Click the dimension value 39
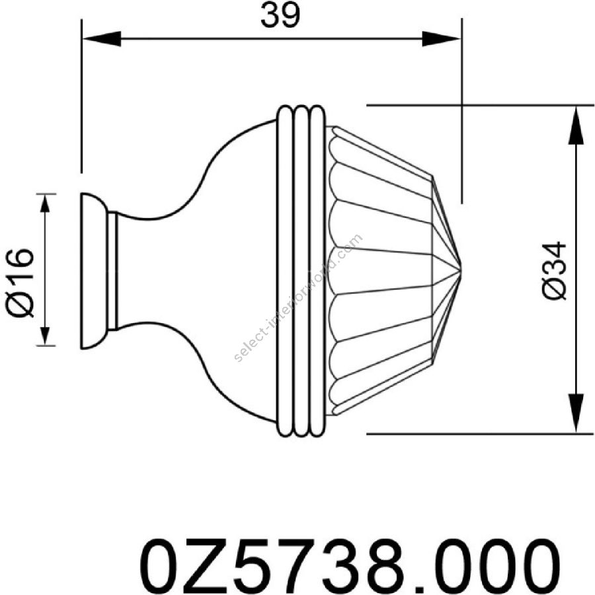pyautogui.click(x=280, y=17)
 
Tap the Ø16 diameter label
pyautogui.click(x=20, y=283)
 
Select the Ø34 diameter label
pyautogui.click(x=555, y=270)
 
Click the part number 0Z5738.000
pyautogui.click(x=350, y=565)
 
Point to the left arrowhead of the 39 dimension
pyautogui.click(x=102, y=39)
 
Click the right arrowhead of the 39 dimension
pyautogui.click(x=442, y=39)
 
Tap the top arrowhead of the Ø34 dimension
pyautogui.click(x=576, y=125)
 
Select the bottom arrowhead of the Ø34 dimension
pyautogui.click(x=576, y=413)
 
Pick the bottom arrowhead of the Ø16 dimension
pyautogui.click(x=45, y=335)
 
